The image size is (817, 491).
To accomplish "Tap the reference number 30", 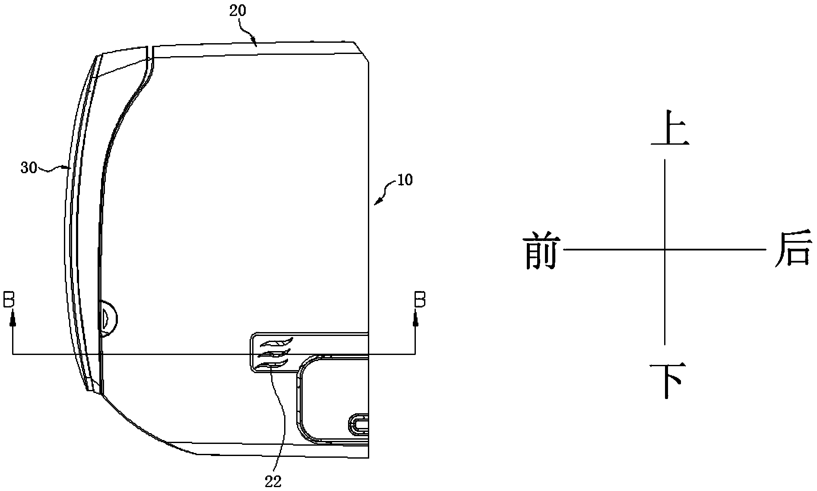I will point(29,168).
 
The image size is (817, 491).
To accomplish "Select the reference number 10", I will point(405,180).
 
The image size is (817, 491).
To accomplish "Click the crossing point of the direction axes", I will point(664,249).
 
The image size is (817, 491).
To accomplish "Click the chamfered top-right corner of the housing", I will point(361,51).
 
